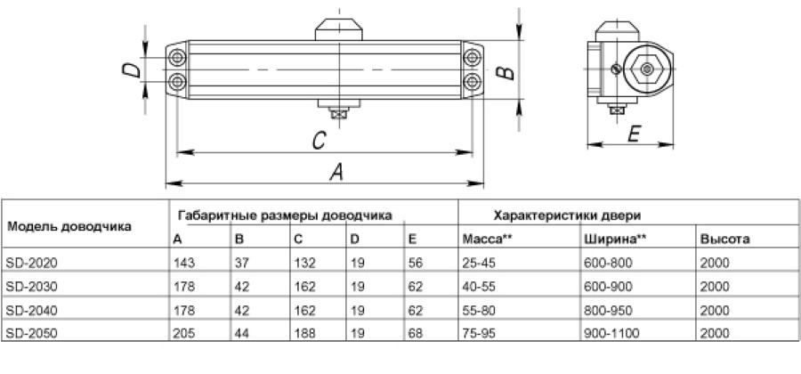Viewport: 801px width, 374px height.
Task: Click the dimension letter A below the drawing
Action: pos(336,173)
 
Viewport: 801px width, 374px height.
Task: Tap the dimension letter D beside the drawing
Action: pos(130,72)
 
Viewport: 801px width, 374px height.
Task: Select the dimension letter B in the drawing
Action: pos(503,71)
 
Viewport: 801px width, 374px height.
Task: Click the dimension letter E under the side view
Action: pos(635,134)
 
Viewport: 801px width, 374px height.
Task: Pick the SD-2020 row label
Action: pos(29,264)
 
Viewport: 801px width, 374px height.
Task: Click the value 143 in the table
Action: pos(182,264)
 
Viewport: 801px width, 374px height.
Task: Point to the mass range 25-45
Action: pos(478,264)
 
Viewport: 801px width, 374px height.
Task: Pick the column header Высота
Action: pos(724,240)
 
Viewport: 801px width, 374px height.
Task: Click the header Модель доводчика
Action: pos(69,227)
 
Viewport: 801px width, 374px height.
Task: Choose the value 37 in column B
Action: pos(240,264)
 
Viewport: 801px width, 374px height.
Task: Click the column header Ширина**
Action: pos(615,240)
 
